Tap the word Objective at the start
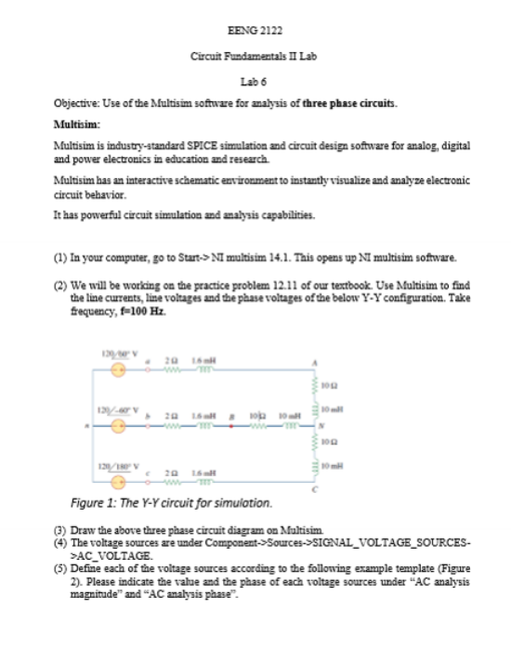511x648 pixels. pyautogui.click(x=72, y=105)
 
